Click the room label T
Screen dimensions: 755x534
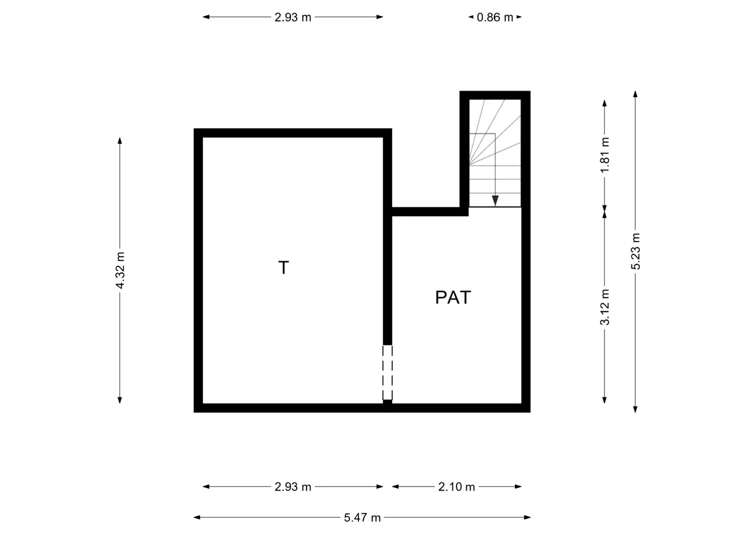(283, 267)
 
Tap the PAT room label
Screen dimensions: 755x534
(453, 297)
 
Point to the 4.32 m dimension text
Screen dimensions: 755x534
(120, 270)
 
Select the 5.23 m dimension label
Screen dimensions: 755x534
(635, 251)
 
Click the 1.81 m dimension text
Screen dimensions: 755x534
(605, 155)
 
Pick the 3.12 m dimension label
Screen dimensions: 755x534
(605, 307)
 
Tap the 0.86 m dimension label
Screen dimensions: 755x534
(495, 17)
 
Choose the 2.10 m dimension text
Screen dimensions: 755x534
(456, 487)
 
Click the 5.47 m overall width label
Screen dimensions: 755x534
(362, 518)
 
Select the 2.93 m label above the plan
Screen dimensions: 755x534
(293, 17)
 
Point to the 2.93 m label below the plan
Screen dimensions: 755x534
(293, 487)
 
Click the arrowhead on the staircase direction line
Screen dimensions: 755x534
(495, 201)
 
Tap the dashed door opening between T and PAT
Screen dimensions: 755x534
(388, 372)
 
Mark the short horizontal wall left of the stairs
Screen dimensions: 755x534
(430, 212)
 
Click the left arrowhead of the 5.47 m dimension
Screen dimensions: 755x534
(197, 518)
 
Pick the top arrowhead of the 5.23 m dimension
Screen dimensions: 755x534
(635, 94)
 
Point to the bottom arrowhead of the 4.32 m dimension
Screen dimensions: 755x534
(120, 400)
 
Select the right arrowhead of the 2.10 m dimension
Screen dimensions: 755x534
(518, 487)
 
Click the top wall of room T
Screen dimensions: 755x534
(293, 133)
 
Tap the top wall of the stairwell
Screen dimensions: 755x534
(495, 95)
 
